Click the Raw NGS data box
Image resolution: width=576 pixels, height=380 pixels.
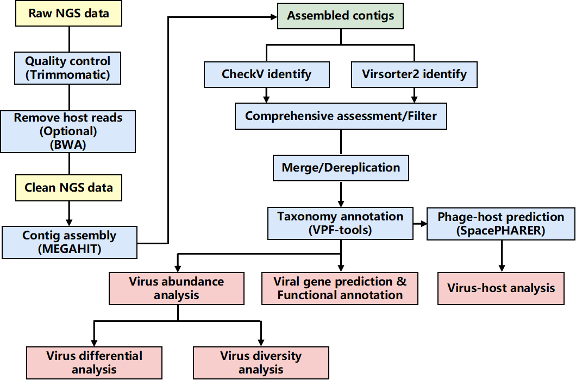pos(68,13)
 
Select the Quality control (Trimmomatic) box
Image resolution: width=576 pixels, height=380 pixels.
pos(67,68)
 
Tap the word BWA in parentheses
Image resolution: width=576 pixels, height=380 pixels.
pos(68,144)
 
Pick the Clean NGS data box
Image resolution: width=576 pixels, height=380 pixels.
pos(68,188)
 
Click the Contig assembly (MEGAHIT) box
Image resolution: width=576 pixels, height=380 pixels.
pos(70,242)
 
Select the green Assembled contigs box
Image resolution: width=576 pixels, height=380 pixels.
pos(340,16)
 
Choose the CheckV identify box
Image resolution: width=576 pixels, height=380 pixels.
pos(267,74)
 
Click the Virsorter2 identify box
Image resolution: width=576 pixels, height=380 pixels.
pos(415,74)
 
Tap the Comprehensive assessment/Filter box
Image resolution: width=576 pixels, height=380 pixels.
pos(341,116)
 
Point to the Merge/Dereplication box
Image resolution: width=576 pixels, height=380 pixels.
pos(341,168)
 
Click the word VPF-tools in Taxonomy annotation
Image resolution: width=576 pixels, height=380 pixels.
pos(340,230)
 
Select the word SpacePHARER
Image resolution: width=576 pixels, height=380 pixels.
pos(500,231)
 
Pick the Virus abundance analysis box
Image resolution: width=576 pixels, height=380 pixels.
pos(176,288)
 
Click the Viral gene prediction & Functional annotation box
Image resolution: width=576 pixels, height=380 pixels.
pos(340,288)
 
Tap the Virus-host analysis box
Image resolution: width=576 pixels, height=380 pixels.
pos(500,288)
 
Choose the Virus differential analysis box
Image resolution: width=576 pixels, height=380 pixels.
pos(94,363)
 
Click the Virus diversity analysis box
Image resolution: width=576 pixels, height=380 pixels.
pos(261,363)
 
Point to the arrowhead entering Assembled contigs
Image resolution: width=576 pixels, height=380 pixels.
pos(274,16)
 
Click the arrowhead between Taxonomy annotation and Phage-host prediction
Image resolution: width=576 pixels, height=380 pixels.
pos(423,223)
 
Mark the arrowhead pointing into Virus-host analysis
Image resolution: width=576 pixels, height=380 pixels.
pos(502,268)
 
